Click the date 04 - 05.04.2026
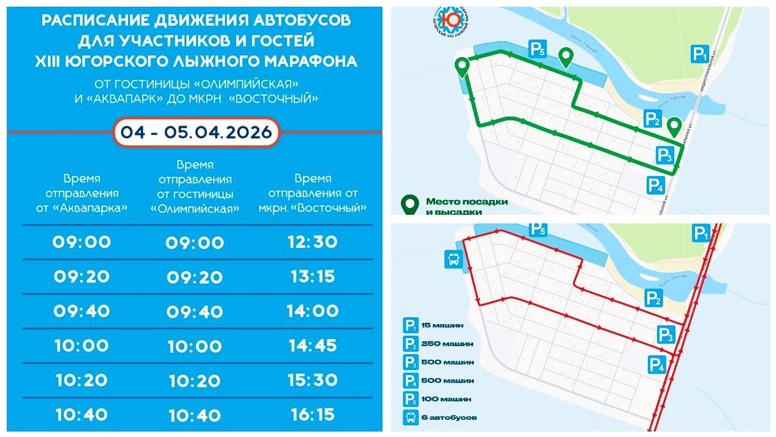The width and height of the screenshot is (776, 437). pos(196,133)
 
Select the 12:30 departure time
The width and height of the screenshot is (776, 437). pos(313,242)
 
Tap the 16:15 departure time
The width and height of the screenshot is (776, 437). pos(313,415)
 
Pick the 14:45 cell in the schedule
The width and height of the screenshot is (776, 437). pos(313,346)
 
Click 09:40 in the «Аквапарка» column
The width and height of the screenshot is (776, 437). pos(82,311)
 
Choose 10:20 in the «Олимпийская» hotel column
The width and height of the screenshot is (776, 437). pos(196,381)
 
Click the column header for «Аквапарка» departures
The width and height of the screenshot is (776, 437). pos(82,193)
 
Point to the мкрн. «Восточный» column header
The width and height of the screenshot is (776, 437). pos(313,193)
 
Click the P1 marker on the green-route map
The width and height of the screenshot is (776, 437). pos(700,54)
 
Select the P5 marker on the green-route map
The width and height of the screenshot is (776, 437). pos(538,49)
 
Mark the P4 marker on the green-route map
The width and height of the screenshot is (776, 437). pos(655,185)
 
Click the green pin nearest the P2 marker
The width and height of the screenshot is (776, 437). pos(674,127)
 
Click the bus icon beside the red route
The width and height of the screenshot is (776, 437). pos(453,260)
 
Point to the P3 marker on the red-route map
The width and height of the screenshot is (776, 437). pos(666,335)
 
